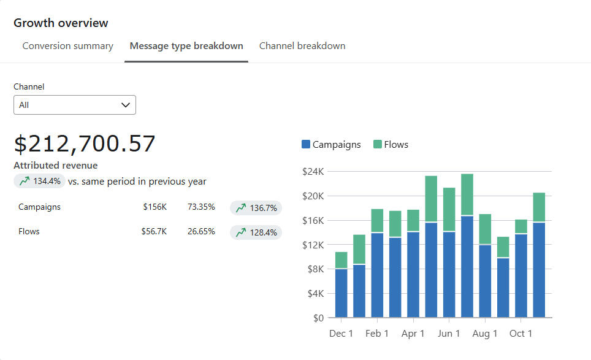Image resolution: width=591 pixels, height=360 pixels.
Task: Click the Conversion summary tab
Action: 67,46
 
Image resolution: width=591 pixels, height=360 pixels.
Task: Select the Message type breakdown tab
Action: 186,46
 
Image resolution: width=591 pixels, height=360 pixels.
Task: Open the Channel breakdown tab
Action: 302,46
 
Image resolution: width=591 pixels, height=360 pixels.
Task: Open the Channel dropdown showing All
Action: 75,105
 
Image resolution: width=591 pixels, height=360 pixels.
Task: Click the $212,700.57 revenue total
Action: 85,144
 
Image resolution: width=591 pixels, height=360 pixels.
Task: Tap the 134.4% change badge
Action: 40,181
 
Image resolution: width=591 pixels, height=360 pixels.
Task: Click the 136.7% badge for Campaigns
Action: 256,208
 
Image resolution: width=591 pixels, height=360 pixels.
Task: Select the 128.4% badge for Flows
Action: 256,232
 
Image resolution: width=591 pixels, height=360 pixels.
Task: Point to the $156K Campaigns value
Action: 154,207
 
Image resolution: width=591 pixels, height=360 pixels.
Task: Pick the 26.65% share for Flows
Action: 201,232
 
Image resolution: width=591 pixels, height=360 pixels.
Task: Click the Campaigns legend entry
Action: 331,145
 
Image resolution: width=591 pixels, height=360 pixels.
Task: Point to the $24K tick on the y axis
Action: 313,172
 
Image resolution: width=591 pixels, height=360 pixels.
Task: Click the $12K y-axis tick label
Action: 313,245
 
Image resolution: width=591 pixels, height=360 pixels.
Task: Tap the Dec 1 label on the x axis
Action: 341,334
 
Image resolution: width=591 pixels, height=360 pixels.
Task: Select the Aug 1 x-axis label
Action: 485,334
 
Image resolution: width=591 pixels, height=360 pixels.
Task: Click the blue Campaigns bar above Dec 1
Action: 341,293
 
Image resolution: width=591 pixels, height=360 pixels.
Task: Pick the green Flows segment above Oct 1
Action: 521,226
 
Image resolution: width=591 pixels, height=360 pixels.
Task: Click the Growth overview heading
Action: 61,23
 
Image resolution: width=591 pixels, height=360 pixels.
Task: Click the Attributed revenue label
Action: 55,166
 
